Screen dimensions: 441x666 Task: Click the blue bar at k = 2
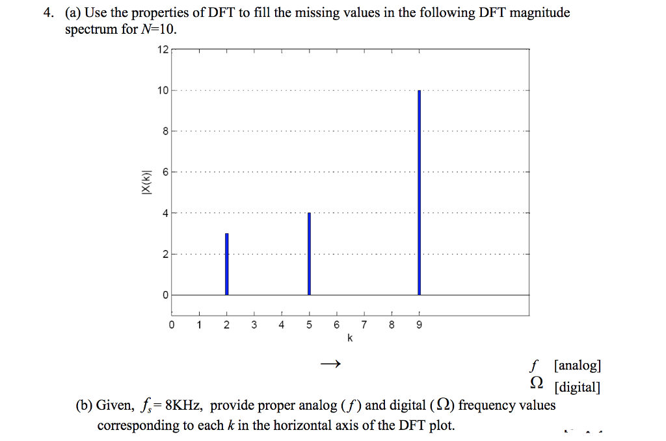[226, 264]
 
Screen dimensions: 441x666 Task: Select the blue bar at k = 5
[309, 253]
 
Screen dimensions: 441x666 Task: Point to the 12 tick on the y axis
[163, 49]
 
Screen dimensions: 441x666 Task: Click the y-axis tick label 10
[163, 90]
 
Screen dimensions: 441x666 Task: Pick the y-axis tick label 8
[165, 131]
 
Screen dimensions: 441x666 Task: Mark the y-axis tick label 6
[165, 172]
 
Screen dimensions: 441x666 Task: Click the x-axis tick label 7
[364, 325]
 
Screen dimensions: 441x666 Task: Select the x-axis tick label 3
[254, 325]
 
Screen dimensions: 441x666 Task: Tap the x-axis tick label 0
[172, 325]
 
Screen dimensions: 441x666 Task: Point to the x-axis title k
[350, 338]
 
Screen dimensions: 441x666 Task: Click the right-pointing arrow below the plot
[330, 364]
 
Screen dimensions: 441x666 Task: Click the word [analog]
[578, 365]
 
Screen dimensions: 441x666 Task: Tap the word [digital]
[577, 388]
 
